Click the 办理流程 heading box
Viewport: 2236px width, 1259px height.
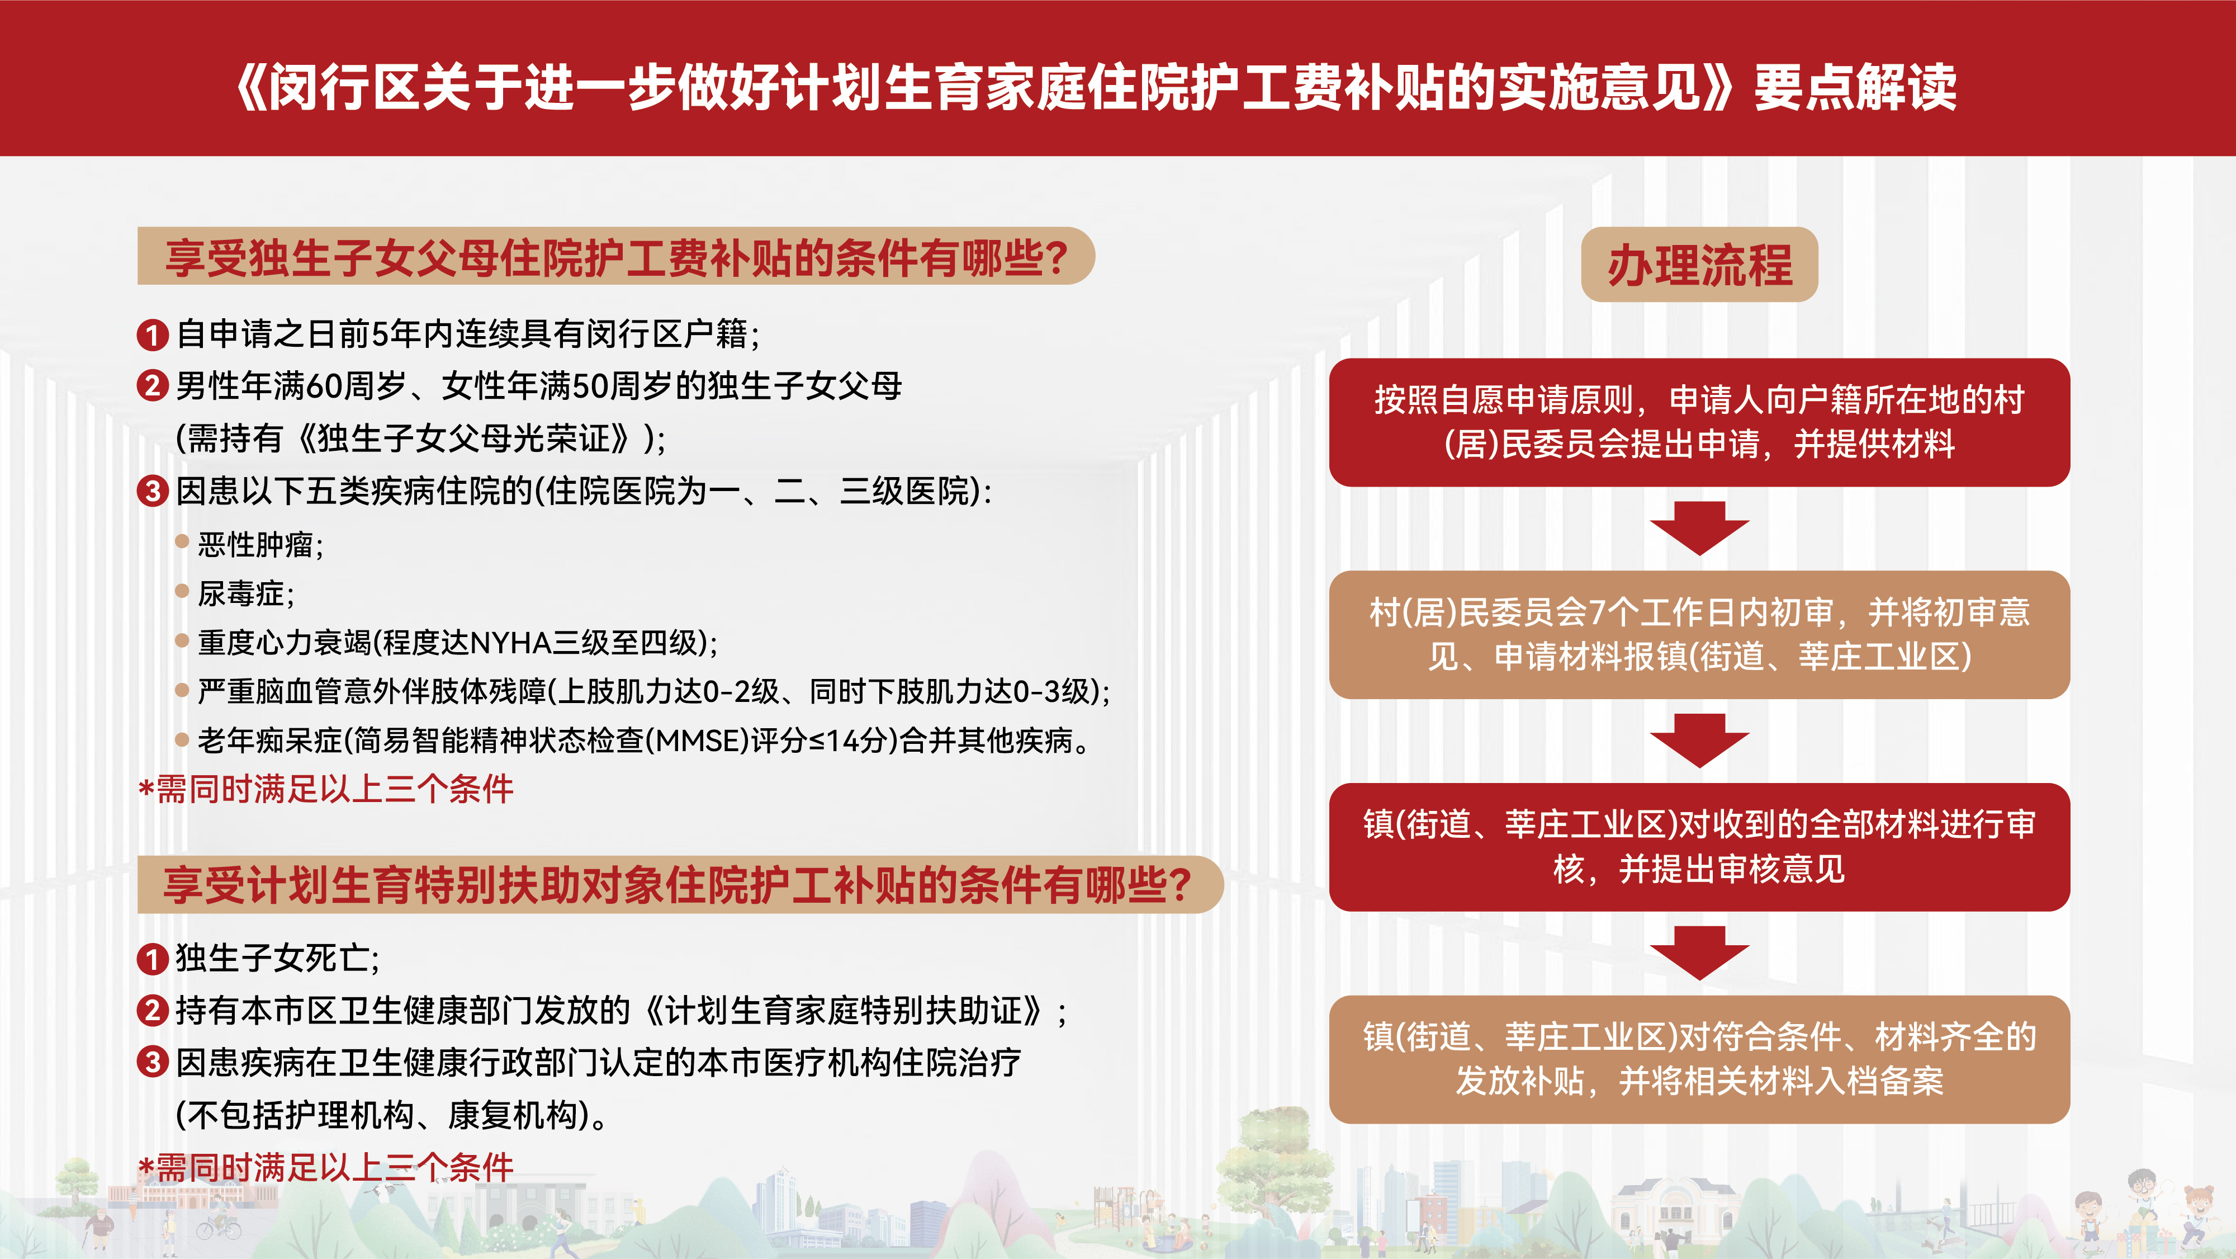pyautogui.click(x=1699, y=265)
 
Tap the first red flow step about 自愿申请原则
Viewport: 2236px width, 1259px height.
pyautogui.click(x=1699, y=422)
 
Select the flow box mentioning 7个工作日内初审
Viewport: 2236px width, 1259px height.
pyautogui.click(x=1699, y=635)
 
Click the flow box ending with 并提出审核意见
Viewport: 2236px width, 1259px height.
pyautogui.click(x=1699, y=847)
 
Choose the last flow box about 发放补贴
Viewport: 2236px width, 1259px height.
pyautogui.click(x=1699, y=1059)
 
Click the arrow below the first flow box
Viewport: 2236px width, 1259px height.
pyautogui.click(x=1699, y=528)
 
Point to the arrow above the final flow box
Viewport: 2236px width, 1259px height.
pyautogui.click(x=1699, y=952)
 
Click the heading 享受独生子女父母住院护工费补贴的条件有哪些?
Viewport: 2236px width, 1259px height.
pyautogui.click(x=615, y=257)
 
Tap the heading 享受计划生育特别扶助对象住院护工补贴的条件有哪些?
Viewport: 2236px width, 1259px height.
pyautogui.click(x=679, y=885)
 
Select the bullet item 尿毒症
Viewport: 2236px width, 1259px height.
pyautogui.click(x=245, y=594)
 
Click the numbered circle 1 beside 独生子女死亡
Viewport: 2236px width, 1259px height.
pyautogui.click(x=153, y=959)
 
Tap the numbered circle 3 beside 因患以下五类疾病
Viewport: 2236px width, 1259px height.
pyautogui.click(x=153, y=492)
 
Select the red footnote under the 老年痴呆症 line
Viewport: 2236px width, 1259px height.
pyautogui.click(x=325, y=789)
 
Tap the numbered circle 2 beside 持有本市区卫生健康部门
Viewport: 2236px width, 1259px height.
pyautogui.click(x=153, y=1011)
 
